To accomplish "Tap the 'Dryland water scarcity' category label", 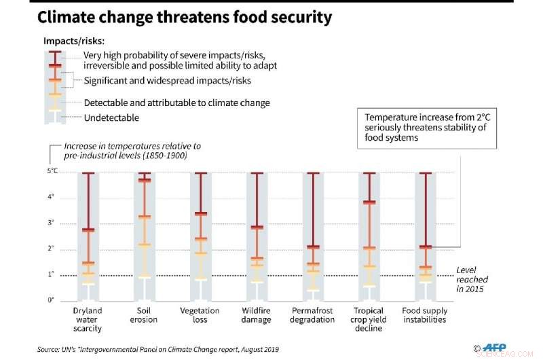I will tap(88, 319).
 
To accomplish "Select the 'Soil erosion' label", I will tap(143, 315).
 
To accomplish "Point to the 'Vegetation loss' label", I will tap(201, 315).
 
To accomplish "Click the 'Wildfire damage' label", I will tap(256, 315).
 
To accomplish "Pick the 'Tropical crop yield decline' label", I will tap(369, 319).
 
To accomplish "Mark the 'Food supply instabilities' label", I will tap(425, 315).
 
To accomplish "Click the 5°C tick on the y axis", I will tap(52, 172).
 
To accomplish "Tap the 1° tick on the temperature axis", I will tap(52, 274).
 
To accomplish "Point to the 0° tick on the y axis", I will tap(52, 300).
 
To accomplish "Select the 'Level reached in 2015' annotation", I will tap(472, 279).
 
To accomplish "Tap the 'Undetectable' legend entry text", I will tap(111, 118).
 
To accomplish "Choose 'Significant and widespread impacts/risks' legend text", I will tap(167, 81).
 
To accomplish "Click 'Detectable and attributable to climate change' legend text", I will tap(176, 103).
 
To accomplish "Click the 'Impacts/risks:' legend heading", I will tap(73, 41).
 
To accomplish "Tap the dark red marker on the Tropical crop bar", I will tap(369, 202).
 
